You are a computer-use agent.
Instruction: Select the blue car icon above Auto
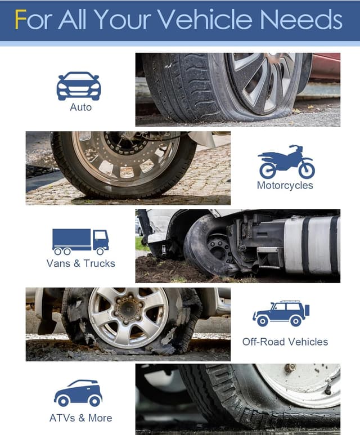79,86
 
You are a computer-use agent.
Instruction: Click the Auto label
80,107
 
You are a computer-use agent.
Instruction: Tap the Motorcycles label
285,185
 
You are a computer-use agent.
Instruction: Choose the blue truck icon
80,241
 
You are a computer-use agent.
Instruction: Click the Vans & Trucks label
80,263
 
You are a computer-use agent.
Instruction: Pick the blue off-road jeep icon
281,313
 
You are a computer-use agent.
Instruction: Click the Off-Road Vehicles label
285,342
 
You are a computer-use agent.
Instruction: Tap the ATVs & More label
80,418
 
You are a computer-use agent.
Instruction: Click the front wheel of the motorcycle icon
306,169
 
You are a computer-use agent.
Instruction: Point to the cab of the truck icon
100,240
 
